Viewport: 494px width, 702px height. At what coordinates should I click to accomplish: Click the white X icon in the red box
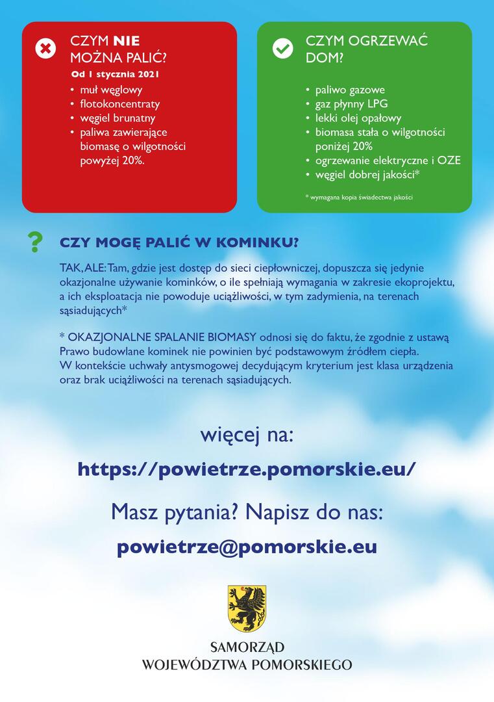pyautogui.click(x=45, y=49)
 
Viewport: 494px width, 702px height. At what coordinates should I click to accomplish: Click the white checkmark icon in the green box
pyautogui.click(x=282, y=49)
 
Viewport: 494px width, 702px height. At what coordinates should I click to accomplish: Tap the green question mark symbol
pyautogui.click(x=35, y=242)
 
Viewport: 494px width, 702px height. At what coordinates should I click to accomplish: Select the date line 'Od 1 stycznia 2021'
pyautogui.click(x=116, y=74)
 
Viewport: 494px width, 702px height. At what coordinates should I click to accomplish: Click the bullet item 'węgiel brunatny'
pyautogui.click(x=117, y=118)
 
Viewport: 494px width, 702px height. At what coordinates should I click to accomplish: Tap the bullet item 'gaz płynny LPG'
pyautogui.click(x=351, y=104)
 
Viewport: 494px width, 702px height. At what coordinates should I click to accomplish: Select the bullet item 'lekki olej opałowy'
pyautogui.click(x=358, y=118)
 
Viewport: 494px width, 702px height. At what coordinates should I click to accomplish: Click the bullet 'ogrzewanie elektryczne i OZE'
pyautogui.click(x=388, y=160)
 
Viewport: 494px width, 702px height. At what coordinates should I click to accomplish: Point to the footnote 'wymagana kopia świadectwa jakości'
pyautogui.click(x=362, y=197)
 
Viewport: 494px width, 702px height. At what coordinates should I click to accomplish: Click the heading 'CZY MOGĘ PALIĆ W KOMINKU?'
pyautogui.click(x=179, y=243)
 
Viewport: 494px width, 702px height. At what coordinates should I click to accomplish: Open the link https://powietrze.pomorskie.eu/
pyautogui.click(x=246, y=469)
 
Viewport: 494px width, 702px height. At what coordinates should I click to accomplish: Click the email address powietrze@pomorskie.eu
pyautogui.click(x=247, y=547)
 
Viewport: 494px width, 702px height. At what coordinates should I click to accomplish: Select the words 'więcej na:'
pyautogui.click(x=247, y=434)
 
